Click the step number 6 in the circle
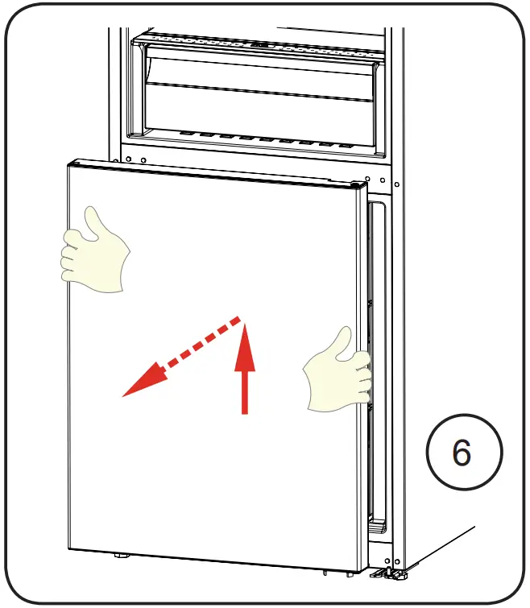point(462,453)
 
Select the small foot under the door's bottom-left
point(122,555)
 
